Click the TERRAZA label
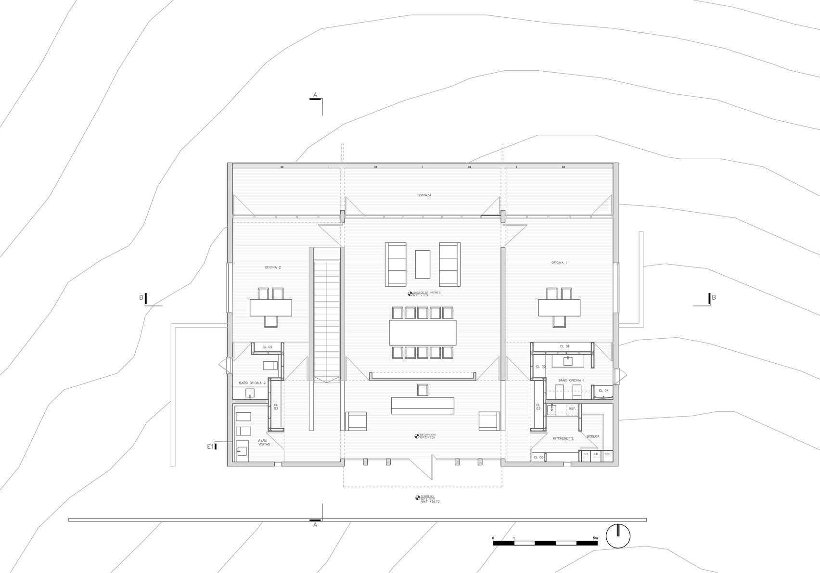click(x=424, y=195)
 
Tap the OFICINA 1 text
click(x=559, y=263)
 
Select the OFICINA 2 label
click(x=272, y=267)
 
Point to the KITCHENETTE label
click(x=563, y=438)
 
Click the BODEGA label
click(x=593, y=436)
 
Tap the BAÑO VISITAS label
click(x=264, y=442)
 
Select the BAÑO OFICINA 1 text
click(x=571, y=380)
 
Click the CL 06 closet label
click(x=538, y=457)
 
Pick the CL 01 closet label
click(x=564, y=346)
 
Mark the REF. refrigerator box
click(x=572, y=408)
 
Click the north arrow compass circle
click(x=618, y=535)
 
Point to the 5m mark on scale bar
click(x=595, y=538)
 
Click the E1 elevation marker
click(x=211, y=446)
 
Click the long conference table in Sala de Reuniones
click(x=423, y=332)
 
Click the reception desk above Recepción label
click(x=423, y=405)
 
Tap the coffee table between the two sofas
click(x=423, y=264)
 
